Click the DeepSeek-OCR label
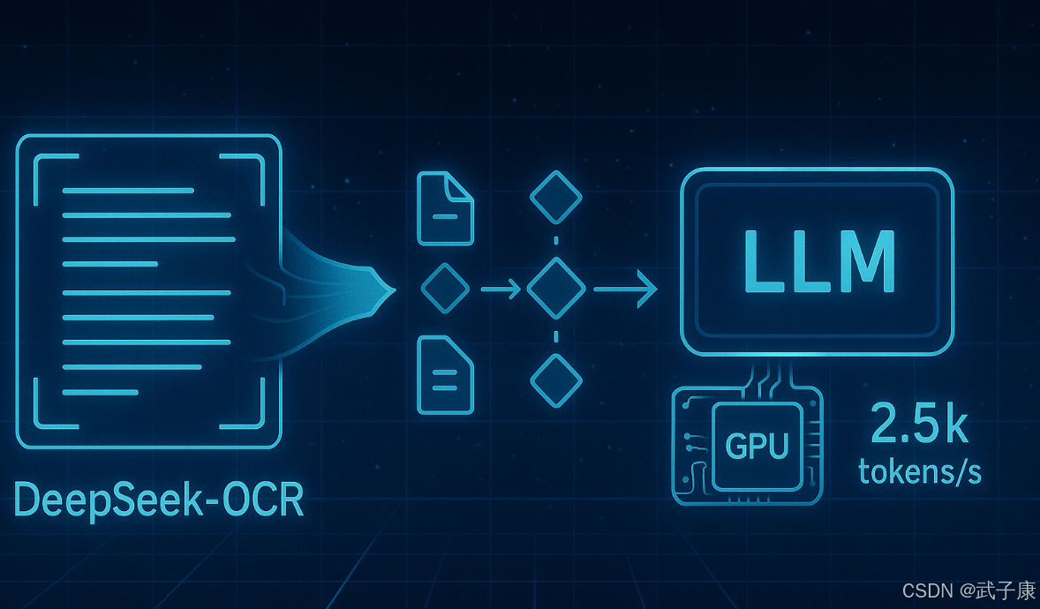[160, 500]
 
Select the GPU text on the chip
[756, 447]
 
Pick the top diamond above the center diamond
[555, 197]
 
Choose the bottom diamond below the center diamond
[555, 381]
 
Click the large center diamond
[555, 289]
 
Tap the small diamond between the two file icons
[445, 289]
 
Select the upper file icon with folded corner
[445, 208]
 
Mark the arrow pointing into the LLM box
[625, 289]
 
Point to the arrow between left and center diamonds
[501, 289]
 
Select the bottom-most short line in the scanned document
[100, 392]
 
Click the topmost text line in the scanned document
[128, 191]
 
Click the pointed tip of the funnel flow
[388, 289]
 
